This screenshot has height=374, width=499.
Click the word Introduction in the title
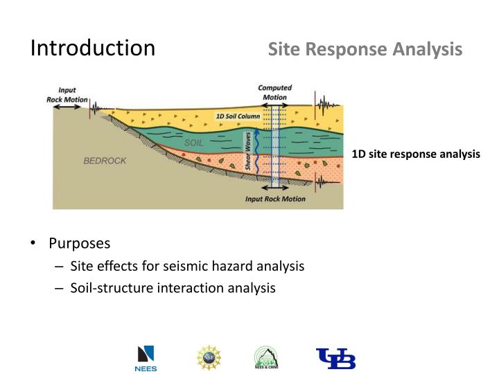(93, 48)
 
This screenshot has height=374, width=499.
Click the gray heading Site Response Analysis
(365, 49)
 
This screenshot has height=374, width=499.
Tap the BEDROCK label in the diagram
(105, 161)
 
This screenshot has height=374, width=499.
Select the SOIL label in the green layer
(193, 142)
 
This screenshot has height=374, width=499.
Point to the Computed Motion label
(274, 92)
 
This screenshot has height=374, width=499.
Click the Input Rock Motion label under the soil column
(275, 199)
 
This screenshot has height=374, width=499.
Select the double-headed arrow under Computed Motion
(275, 107)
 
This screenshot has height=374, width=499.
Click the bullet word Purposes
(79, 244)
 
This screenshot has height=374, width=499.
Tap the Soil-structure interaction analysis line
(173, 287)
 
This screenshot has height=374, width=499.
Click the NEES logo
(146, 358)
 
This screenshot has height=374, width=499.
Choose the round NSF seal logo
(209, 357)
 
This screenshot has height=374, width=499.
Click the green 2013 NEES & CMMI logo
(267, 358)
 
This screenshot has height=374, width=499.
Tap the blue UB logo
(335, 358)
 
